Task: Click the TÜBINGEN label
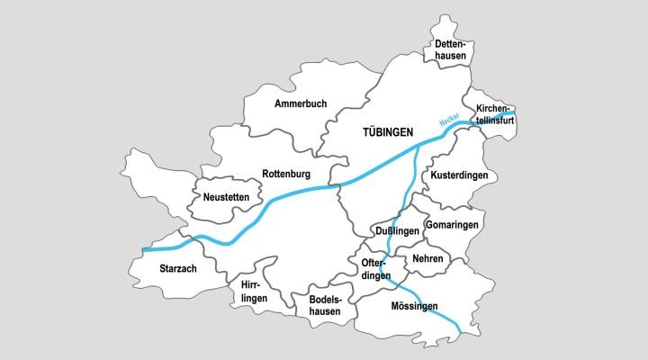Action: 387,132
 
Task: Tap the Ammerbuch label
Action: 301,104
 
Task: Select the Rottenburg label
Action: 286,174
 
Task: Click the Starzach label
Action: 177,268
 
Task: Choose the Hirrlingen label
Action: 255,291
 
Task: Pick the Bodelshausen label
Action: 325,305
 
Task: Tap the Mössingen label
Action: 414,306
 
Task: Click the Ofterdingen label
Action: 376,269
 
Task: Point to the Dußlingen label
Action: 397,231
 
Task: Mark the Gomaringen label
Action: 454,223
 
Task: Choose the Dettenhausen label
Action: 450,49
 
